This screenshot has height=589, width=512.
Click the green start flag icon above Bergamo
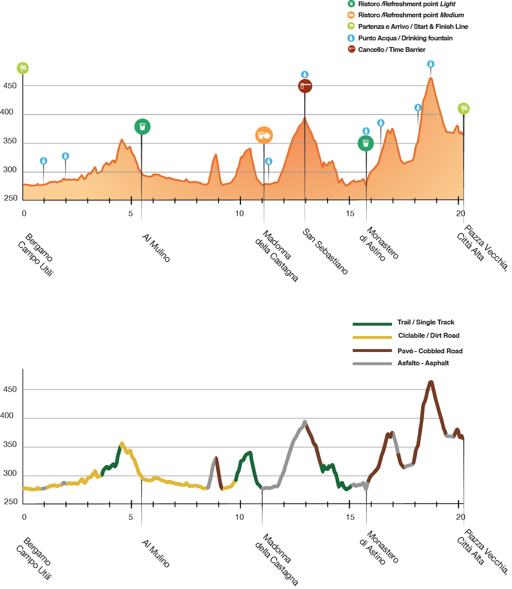coord(23,68)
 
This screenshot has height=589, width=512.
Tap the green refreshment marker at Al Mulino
coord(142,127)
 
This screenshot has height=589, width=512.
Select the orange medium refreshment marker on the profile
coord(264,135)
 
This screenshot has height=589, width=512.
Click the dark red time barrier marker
coord(305,86)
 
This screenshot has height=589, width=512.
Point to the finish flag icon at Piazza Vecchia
coord(463,108)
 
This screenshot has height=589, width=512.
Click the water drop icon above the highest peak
coord(430,64)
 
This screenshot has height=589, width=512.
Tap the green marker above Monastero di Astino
coord(366,143)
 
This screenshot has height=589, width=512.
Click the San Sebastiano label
coord(325,252)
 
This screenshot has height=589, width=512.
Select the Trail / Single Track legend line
coord(372,324)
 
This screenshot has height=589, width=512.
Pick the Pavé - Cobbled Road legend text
coord(430,351)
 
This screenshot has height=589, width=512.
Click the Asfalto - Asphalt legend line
coord(372,364)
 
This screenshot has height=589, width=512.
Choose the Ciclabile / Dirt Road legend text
coord(428,336)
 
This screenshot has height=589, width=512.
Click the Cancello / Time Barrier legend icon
coord(352,49)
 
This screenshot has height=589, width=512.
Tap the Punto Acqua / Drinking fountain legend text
coord(405,38)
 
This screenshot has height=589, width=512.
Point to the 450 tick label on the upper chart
coord(10,86)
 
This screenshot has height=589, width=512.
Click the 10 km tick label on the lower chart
coord(239,517)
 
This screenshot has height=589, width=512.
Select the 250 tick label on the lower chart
coord(11,502)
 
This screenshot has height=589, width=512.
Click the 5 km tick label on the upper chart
coord(131,213)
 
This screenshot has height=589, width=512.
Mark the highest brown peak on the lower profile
coord(430,382)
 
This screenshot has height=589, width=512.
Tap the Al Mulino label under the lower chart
coord(156,553)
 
